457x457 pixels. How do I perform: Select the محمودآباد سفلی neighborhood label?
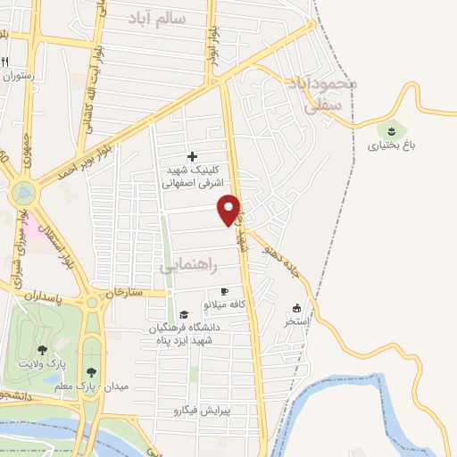(x=322, y=95)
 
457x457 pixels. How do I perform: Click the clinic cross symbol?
(x=192, y=156)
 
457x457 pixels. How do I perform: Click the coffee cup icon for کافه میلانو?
(x=224, y=293)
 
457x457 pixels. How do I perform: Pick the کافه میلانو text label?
(x=229, y=305)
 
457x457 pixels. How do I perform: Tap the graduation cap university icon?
(x=184, y=314)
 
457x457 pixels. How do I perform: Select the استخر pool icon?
(x=295, y=309)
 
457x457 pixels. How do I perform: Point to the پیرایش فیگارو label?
(x=201, y=411)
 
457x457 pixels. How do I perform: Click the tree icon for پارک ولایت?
(x=42, y=350)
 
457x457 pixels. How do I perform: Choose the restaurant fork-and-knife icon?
(x=6, y=62)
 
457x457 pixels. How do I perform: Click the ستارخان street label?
(x=123, y=292)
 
